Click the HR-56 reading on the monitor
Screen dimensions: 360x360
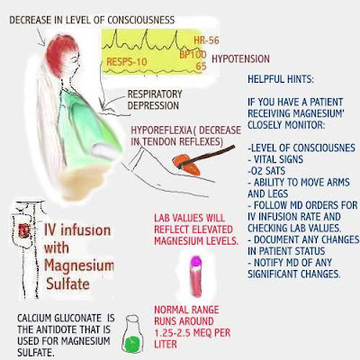pos(206,40)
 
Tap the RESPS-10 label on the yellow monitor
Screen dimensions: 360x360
pos(127,62)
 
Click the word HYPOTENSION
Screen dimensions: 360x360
pos(240,58)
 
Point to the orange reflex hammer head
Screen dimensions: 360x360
pos(186,164)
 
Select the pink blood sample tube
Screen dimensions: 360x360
pos(195,276)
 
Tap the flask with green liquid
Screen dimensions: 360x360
pos(132,334)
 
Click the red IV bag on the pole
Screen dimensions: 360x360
pos(23,231)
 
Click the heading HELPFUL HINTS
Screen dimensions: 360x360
pos(281,79)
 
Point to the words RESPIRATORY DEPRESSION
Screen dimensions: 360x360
pos(155,100)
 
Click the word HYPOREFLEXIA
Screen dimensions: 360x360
pos(161,130)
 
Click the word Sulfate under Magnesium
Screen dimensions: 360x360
pos(67,283)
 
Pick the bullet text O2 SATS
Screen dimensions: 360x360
pos(266,171)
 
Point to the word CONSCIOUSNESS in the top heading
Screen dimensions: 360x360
pos(141,20)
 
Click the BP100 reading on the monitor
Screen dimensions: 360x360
pos(193,55)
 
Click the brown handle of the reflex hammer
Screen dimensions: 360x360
pos(210,154)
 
